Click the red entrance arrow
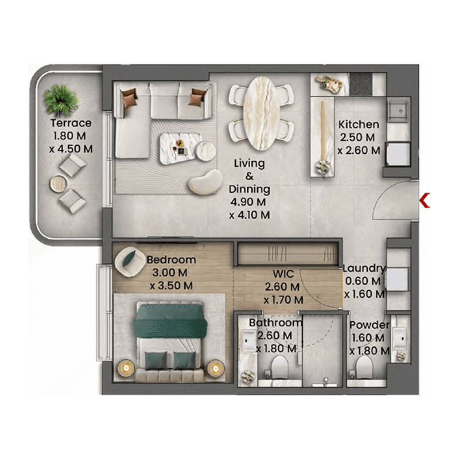424,200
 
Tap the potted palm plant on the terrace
61,100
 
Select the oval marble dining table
259,113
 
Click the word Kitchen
359,125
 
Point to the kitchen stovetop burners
361,84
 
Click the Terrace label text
71,123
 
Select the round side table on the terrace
59,184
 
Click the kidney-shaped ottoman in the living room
205,182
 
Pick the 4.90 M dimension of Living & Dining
248,202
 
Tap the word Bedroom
171,260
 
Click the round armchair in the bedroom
130,262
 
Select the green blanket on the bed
170,321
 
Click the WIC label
283,274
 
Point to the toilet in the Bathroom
279,367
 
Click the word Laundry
364,268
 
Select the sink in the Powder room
399,339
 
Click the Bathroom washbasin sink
248,340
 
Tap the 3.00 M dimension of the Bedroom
170,273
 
